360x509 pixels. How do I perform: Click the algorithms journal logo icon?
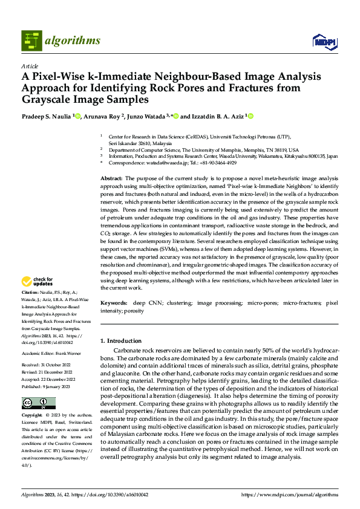tap(32, 41)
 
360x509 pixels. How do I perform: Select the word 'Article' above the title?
tap(30, 66)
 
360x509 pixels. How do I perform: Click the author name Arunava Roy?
tap(102, 117)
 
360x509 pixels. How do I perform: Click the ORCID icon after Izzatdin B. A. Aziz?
tap(250, 117)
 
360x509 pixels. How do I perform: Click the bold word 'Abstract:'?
tap(111, 179)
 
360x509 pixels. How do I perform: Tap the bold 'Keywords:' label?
tap(114, 302)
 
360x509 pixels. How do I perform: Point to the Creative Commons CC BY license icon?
tap(38, 403)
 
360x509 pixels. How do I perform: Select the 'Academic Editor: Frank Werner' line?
tap(51, 354)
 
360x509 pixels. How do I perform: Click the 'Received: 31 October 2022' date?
tap(47, 366)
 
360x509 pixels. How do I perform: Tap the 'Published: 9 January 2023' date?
tap(47, 386)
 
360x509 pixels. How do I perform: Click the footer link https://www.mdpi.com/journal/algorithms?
tap(290, 494)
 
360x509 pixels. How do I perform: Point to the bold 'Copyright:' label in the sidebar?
tap(32, 416)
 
